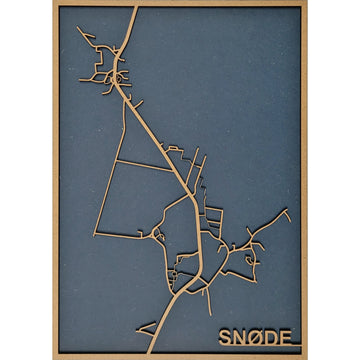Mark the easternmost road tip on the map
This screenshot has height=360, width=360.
pyautogui.click(x=288, y=210)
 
